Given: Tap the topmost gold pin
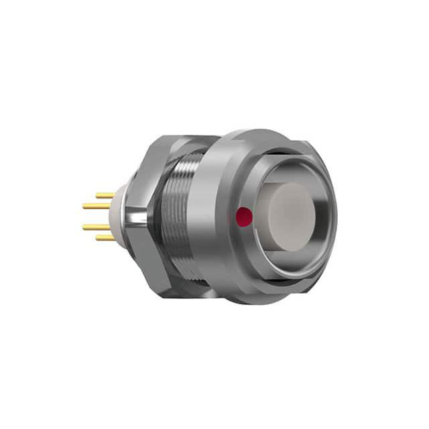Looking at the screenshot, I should click(105, 196).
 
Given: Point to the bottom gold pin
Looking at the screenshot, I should click(105, 237).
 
